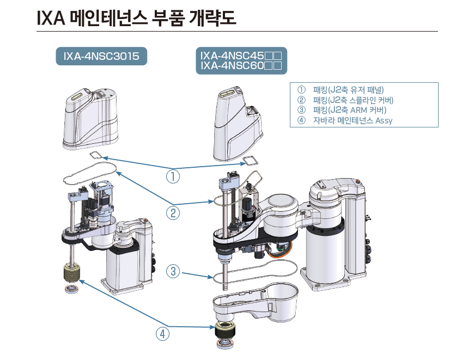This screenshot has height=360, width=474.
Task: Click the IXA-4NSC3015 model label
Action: click(x=101, y=56)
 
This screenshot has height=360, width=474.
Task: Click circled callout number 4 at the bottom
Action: click(x=162, y=333)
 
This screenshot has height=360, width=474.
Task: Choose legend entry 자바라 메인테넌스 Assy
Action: click(x=352, y=120)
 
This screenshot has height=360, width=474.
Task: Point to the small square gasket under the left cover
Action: click(x=96, y=155)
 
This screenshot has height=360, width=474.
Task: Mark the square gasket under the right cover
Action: click(x=250, y=160)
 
